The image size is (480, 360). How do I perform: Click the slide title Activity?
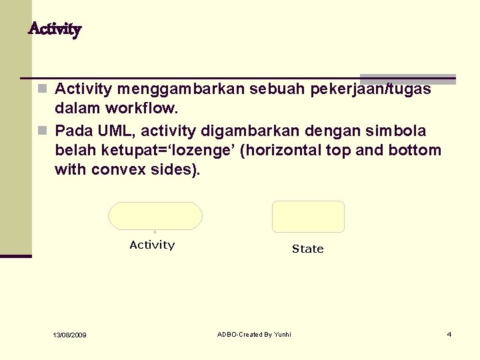[x=55, y=29]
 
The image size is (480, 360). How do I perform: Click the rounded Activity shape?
[x=155, y=216]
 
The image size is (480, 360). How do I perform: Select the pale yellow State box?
[x=308, y=217]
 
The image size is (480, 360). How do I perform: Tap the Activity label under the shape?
[x=152, y=245]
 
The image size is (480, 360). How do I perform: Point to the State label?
[x=307, y=249]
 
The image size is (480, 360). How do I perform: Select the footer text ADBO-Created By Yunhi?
[x=254, y=333]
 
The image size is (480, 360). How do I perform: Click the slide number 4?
[x=449, y=333]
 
